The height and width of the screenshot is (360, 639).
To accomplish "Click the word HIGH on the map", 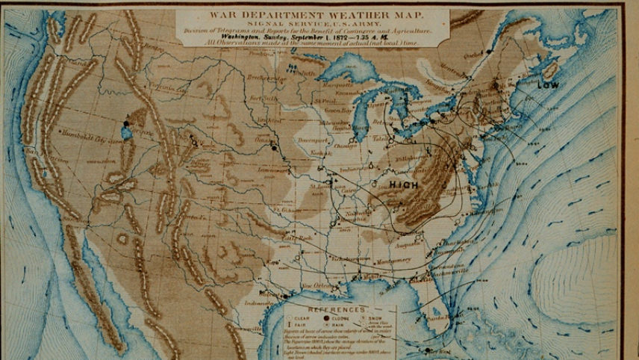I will pos(403,184).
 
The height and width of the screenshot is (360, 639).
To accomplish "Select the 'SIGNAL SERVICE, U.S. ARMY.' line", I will pos(312,23).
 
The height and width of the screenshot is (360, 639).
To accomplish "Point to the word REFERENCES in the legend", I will pos(337,308).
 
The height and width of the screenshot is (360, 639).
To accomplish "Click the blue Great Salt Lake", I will pos(127,132).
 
